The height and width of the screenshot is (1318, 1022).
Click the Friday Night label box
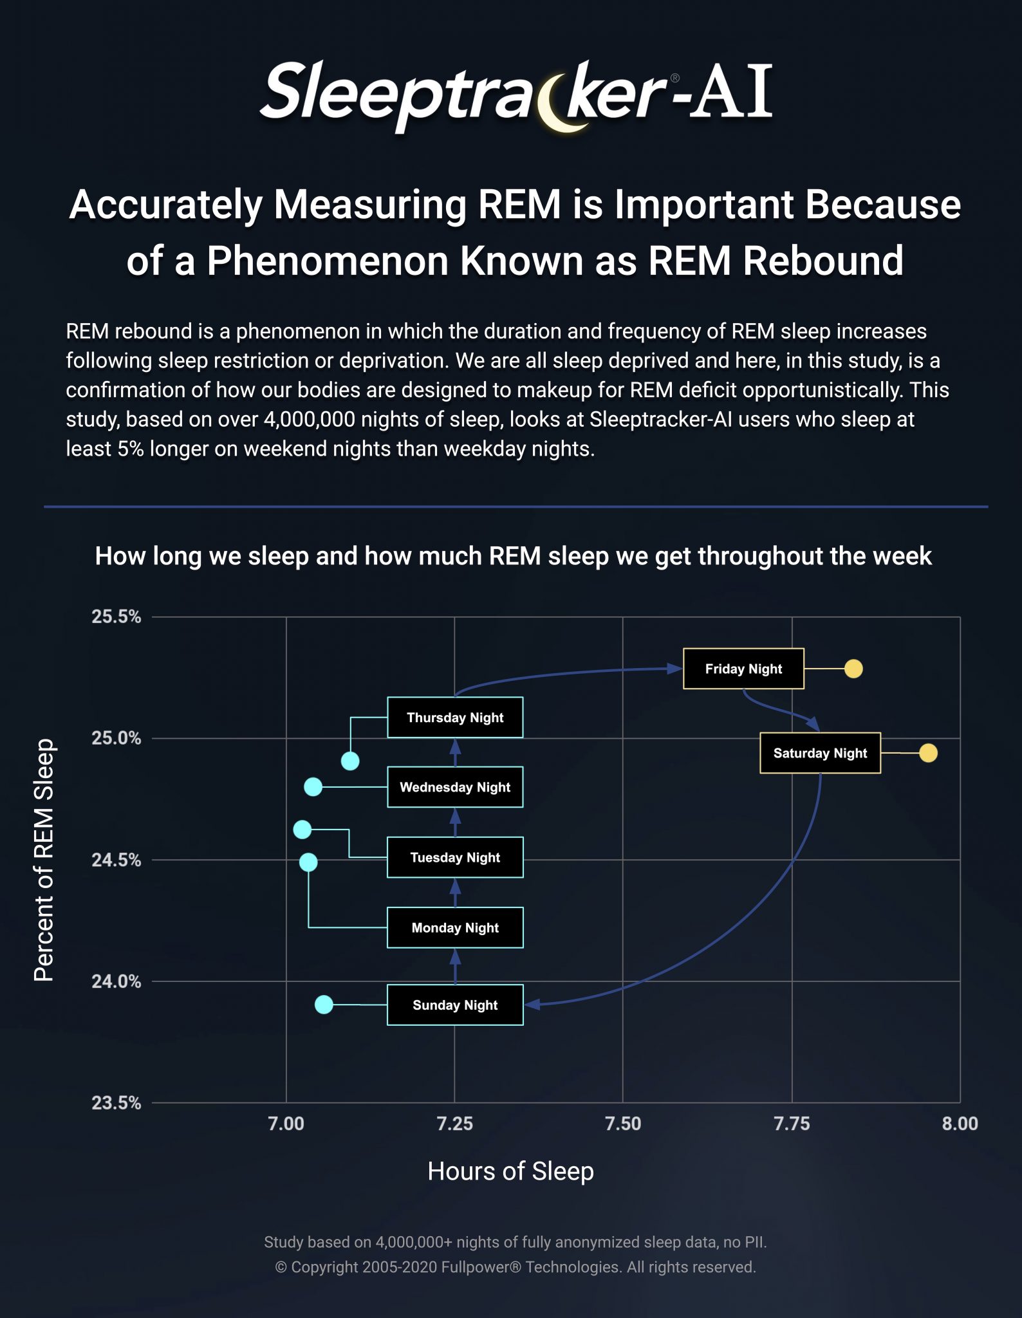[x=743, y=669]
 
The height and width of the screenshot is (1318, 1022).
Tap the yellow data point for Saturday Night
[x=928, y=753]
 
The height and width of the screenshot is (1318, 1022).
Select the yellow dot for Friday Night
[x=853, y=669]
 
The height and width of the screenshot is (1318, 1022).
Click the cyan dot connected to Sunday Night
[x=324, y=1004]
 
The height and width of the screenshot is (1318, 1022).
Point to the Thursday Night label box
[x=455, y=718]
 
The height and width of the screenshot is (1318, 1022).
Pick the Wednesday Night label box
[x=455, y=787]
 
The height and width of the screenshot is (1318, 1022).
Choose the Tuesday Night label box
[x=455, y=857]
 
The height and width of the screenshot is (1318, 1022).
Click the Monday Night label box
[x=455, y=927]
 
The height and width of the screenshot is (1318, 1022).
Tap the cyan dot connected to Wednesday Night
[x=313, y=786]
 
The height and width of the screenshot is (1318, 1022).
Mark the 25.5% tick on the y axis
[x=116, y=617]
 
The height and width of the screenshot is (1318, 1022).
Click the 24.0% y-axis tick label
[x=116, y=981]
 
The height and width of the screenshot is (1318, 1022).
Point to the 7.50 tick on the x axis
[x=623, y=1124]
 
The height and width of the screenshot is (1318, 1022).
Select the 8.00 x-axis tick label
[x=960, y=1124]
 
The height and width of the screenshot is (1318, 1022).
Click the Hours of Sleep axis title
[x=510, y=1171]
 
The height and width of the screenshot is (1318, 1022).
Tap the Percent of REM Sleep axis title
[x=44, y=860]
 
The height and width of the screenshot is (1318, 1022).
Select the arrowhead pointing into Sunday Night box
[x=532, y=1005]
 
